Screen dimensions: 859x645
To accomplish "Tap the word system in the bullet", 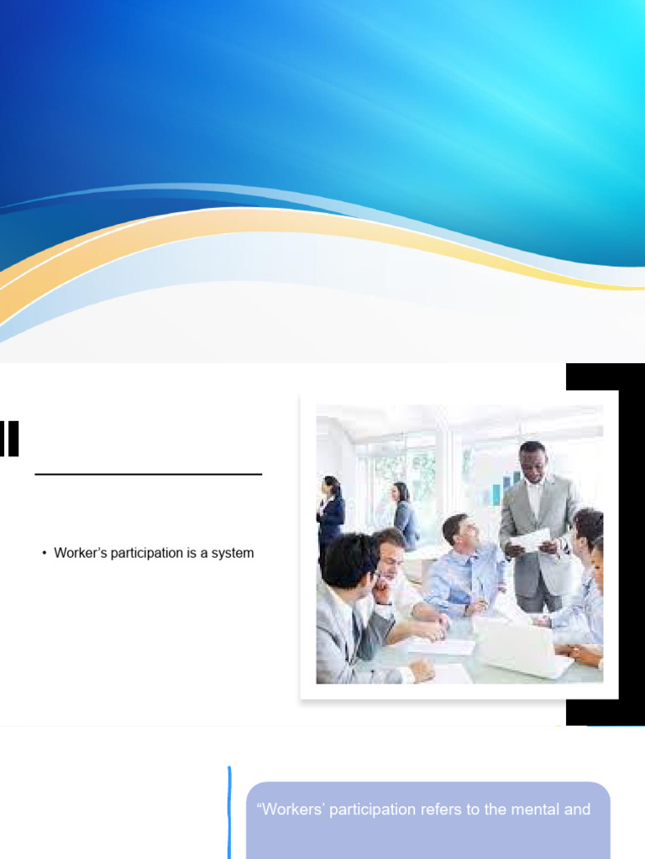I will (x=232, y=554).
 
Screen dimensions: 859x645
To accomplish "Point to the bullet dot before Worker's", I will (x=44, y=554).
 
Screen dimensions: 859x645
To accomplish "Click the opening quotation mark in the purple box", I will (x=259, y=809).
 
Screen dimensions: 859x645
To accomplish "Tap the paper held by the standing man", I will (x=531, y=539).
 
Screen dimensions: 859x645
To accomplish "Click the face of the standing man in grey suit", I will (x=532, y=464).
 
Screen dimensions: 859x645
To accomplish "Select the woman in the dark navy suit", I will (x=331, y=512).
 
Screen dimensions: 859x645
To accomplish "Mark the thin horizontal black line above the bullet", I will (x=149, y=475).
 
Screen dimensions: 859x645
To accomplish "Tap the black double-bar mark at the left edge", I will (x=9, y=439).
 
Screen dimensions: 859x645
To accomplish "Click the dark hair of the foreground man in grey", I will (x=348, y=557).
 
